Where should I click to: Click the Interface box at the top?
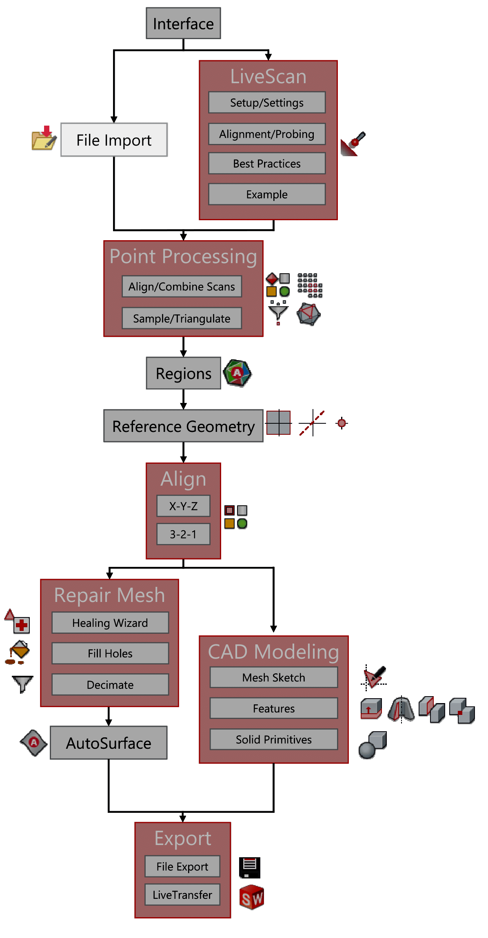coord(183,23)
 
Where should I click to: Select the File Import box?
coord(114,140)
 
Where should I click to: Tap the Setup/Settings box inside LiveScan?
coord(267,102)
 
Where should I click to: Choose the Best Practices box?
coord(267,164)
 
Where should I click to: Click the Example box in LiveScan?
coord(267,194)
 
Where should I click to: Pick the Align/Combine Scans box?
coord(182,286)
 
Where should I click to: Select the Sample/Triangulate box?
coord(182,318)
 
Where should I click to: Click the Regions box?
coord(183,373)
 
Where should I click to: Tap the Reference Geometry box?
coord(183,426)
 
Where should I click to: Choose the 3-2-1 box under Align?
coord(183,534)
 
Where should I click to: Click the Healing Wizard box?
coord(110,623)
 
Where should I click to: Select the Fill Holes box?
coord(110,653)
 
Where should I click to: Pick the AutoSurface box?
coord(109,743)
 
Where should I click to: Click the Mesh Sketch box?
coord(274,677)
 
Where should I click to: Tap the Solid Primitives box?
coord(274,739)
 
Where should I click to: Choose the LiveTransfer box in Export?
coord(182,895)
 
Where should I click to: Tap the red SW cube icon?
coord(251,897)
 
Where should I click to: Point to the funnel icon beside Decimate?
coord(22,684)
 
